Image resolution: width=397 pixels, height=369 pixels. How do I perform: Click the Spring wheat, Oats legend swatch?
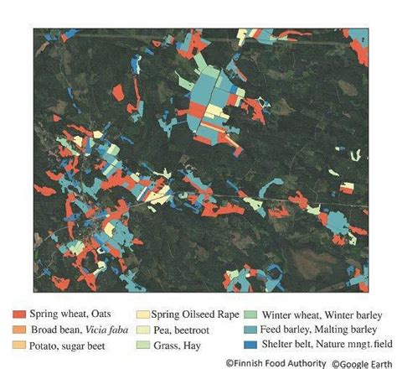[x=18, y=314]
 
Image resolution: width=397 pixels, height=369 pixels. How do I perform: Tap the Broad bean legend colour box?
[x=18, y=329]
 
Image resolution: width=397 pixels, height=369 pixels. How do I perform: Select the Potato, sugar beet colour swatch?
[x=18, y=344]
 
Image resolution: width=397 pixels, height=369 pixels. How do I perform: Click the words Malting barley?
[x=353, y=329]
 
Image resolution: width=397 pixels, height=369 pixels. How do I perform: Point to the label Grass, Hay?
[x=177, y=344]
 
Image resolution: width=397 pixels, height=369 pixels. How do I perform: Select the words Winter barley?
[x=353, y=314]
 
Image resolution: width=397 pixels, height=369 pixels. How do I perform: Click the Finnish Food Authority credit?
[x=276, y=362]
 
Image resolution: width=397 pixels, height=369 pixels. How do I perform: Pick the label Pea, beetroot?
[x=182, y=329]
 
